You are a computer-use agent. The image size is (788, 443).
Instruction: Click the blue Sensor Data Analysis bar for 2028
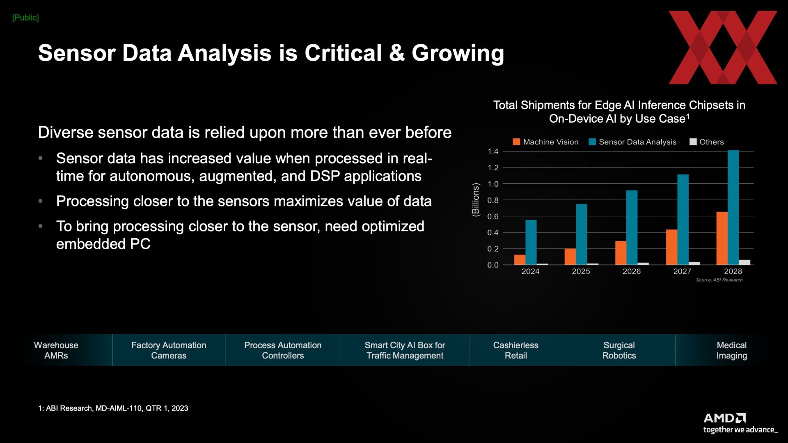[733, 207]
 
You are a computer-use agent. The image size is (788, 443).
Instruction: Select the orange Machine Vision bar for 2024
[520, 260]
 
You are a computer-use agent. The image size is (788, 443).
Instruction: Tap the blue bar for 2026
[632, 227]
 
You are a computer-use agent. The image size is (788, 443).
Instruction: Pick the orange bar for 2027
[671, 247]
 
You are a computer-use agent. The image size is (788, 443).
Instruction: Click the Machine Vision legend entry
[545, 142]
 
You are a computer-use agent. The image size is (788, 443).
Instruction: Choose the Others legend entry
[706, 142]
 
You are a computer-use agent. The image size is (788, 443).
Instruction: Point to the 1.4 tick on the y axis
[493, 151]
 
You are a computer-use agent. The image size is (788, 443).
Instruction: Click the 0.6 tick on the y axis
[493, 216]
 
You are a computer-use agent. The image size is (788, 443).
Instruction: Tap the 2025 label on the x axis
[581, 271]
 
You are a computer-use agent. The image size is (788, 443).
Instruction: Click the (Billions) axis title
[476, 200]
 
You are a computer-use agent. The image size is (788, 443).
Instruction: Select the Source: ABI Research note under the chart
[719, 280]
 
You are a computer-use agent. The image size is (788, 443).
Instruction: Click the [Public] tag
[25, 18]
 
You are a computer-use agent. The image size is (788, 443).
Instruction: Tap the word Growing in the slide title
[458, 53]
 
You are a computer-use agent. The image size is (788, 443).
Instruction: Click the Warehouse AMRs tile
[56, 350]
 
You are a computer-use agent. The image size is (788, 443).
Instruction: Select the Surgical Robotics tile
[619, 350]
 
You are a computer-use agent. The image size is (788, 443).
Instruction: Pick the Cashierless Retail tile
[516, 350]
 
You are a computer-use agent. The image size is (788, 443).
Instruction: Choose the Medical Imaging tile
[731, 350]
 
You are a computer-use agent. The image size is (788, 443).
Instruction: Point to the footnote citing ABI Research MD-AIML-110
[113, 408]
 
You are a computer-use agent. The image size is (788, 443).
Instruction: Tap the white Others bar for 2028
[744, 262]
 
